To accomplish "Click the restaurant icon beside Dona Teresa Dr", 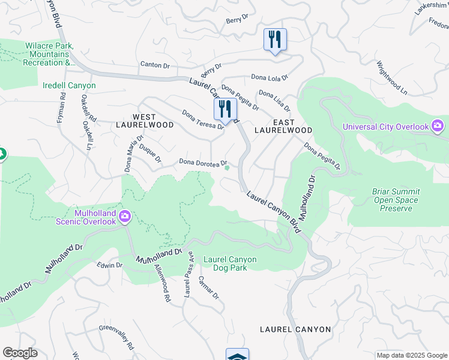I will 225,109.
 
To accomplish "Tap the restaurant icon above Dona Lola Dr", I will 275,40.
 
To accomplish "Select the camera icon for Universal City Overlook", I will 438,126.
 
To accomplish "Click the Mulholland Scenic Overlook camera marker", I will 125,217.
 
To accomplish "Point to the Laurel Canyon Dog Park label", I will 230,263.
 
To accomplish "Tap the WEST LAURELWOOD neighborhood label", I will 144,121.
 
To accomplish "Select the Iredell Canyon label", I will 69,86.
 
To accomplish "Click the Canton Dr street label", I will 155,64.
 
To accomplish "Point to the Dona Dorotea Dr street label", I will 202,163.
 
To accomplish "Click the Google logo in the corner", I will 20,353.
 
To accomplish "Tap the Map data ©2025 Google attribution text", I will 412,355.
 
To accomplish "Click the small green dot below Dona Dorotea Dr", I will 227,168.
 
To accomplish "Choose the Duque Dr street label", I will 150,152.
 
